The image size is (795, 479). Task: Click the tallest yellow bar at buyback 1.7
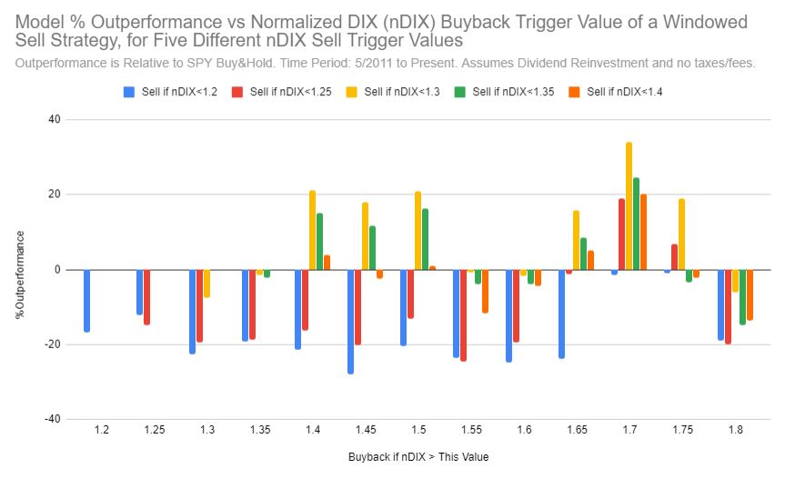[x=629, y=205]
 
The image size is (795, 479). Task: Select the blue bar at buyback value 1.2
[x=86, y=300]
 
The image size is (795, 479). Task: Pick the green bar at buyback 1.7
[x=636, y=224]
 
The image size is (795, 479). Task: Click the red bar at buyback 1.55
[x=463, y=314]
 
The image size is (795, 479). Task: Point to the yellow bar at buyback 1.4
[x=312, y=230]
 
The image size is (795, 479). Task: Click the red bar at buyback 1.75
[x=674, y=256]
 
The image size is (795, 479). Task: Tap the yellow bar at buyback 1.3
[x=206, y=284]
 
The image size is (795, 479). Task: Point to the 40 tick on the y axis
[x=54, y=119]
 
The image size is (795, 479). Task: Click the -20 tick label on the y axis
[x=51, y=344]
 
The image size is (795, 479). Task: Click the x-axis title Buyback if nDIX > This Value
[x=418, y=456]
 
